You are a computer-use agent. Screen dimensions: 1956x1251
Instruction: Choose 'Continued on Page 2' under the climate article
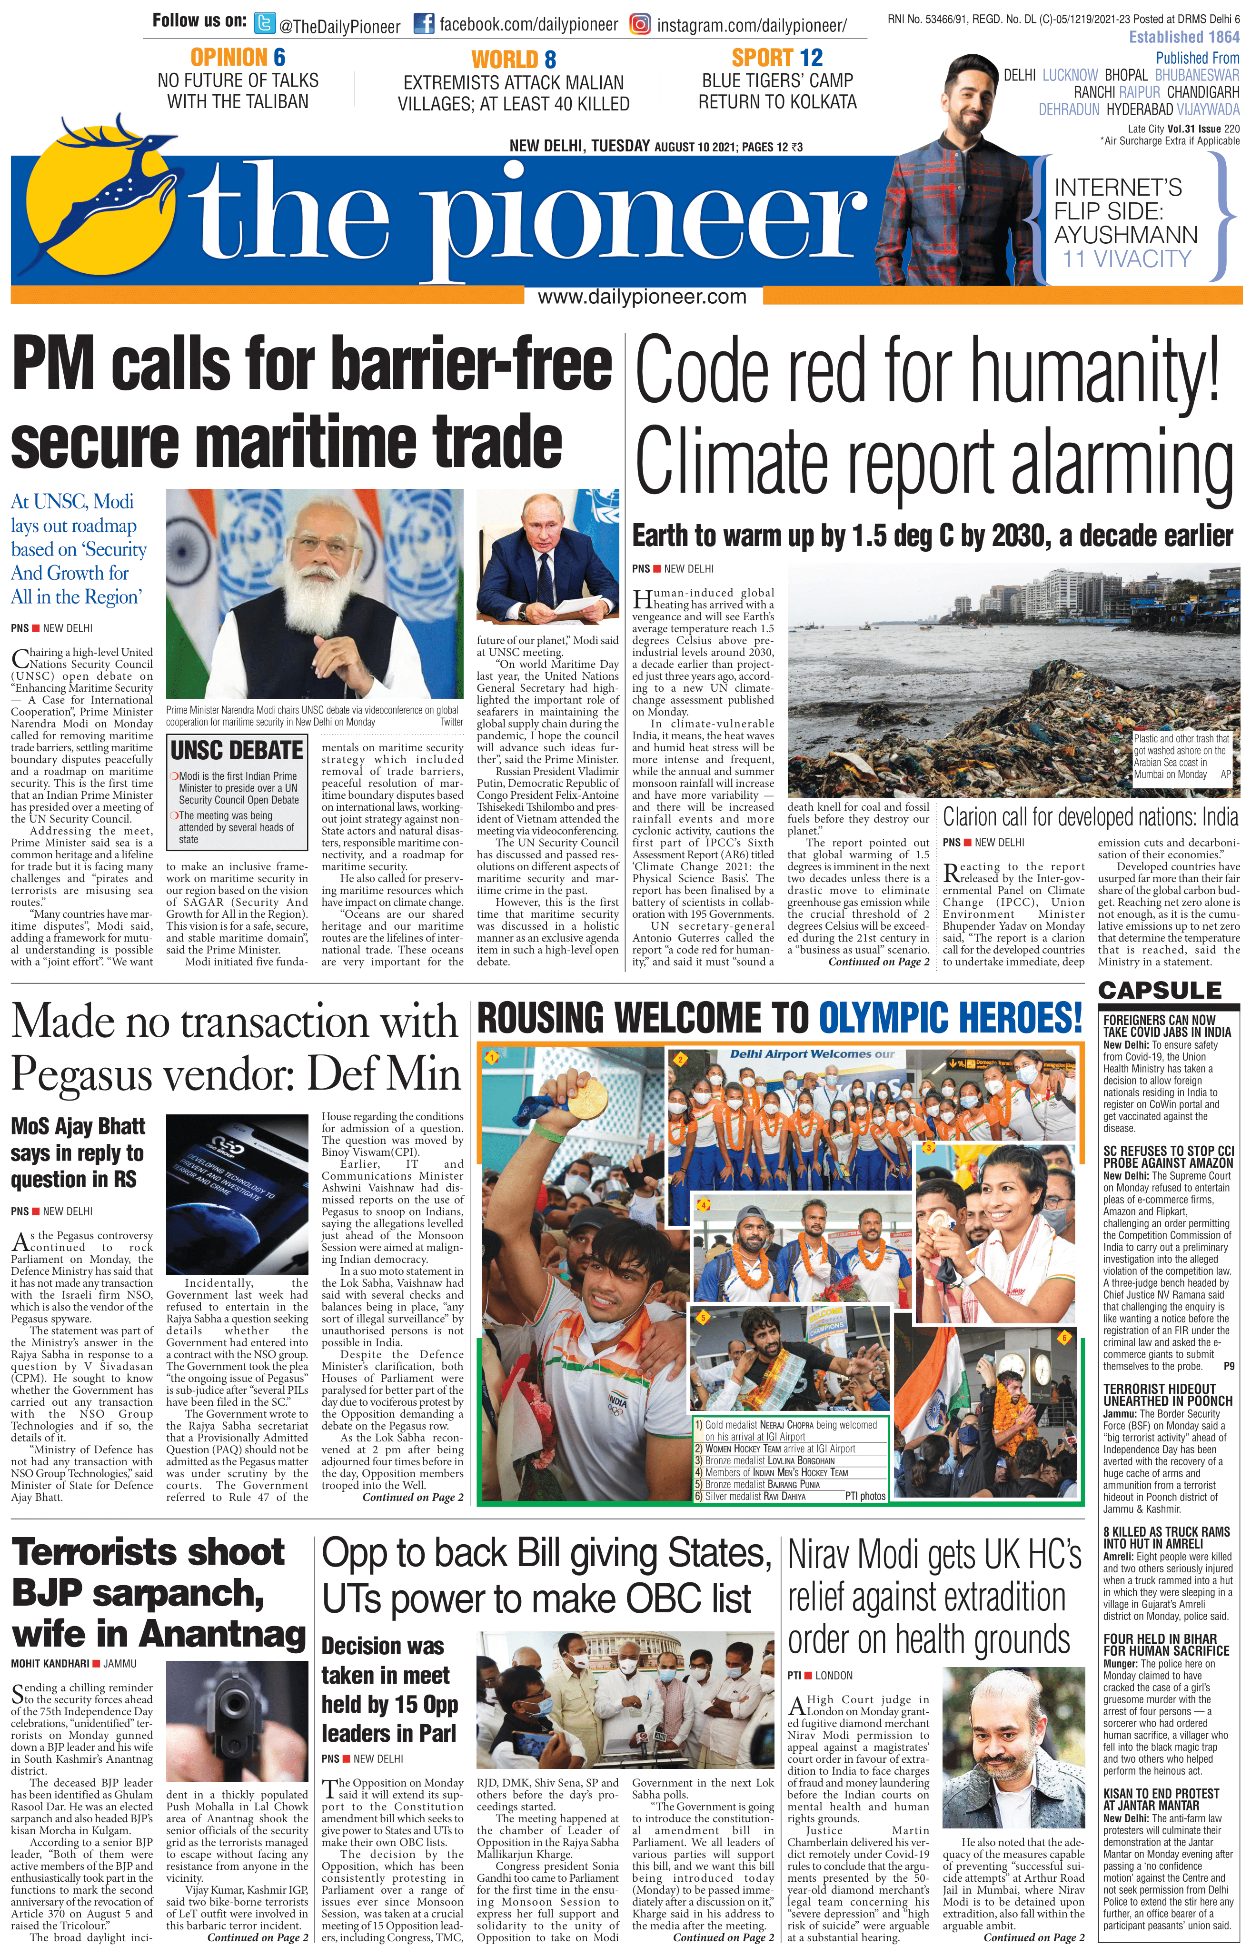(878, 962)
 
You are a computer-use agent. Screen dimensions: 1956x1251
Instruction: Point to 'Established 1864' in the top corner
(1183, 37)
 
